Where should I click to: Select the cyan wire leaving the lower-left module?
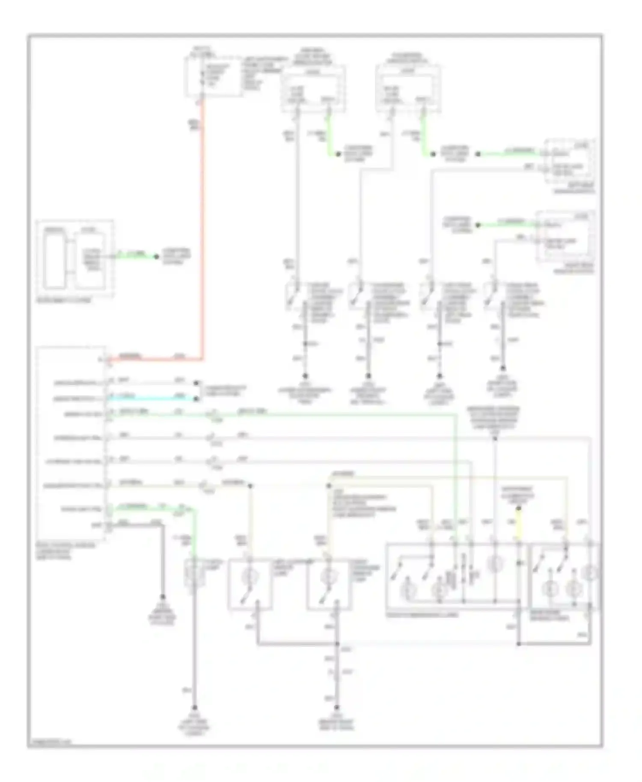click(x=150, y=398)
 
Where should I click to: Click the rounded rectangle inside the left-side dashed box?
click(x=55, y=259)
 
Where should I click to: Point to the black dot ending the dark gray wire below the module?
click(x=163, y=597)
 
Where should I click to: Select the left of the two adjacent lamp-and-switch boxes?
click(x=250, y=584)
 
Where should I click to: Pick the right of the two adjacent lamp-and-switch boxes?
click(x=329, y=584)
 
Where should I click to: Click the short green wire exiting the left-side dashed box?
click(x=135, y=256)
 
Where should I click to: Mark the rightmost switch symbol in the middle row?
click(x=491, y=296)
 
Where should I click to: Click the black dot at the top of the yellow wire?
click(x=518, y=509)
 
